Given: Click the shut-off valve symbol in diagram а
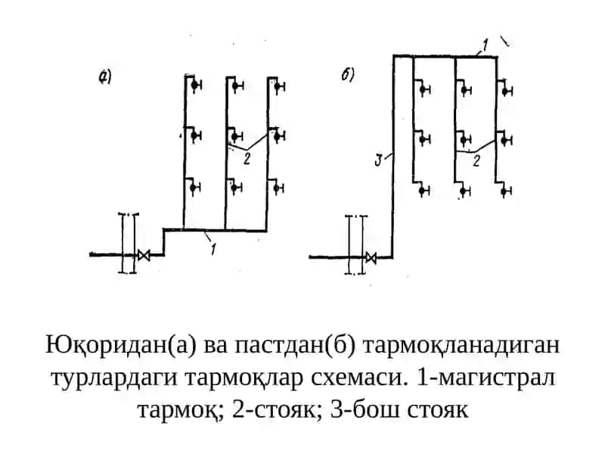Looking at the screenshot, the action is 144,255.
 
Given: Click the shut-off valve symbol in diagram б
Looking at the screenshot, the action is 371,257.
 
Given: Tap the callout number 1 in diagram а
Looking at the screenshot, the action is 213,249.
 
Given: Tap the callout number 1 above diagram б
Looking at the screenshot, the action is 485,45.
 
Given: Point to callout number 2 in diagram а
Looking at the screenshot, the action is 247,158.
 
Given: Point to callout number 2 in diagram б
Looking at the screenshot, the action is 476,160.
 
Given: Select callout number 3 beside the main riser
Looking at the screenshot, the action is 379,160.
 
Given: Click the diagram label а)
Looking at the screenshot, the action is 105,77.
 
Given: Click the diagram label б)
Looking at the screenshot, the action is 347,74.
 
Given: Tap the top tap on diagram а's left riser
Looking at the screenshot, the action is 196,85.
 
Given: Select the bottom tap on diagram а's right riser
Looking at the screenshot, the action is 278,188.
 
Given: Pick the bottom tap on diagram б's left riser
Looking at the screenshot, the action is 423,191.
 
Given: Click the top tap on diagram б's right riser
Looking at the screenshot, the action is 506,91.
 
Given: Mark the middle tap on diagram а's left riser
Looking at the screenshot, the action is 196,136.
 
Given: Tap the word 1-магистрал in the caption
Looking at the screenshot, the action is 486,378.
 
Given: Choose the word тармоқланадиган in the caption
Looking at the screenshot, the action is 461,346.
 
